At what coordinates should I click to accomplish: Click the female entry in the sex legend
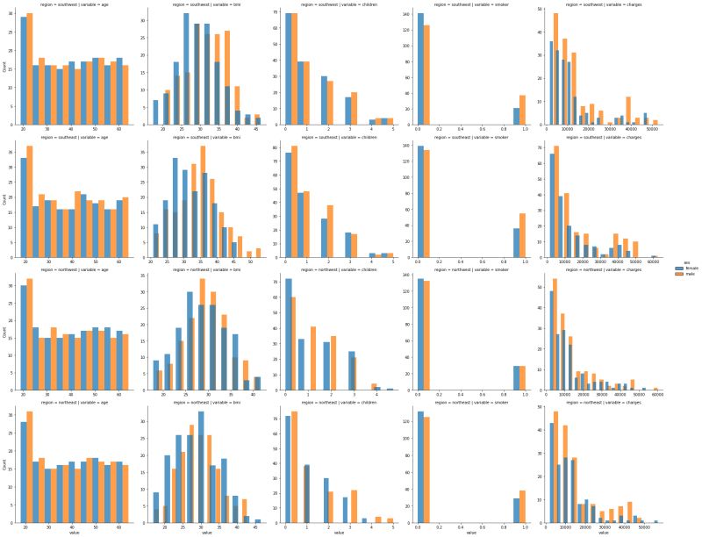[x=684, y=268]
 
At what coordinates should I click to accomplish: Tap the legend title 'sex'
[x=677, y=261]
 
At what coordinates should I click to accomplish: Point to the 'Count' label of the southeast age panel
[x=5, y=201]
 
